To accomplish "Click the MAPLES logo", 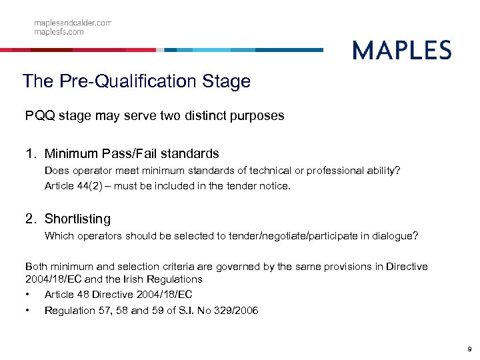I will [401, 50].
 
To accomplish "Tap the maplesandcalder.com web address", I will [73, 23].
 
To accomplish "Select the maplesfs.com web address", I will [59, 31].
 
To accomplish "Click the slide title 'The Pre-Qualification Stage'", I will [136, 81].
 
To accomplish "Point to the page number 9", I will [469, 348].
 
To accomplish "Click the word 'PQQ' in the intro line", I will [38, 116].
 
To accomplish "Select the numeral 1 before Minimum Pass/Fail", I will [29, 155].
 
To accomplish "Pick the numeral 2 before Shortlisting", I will [29, 219].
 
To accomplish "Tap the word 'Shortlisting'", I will [77, 219].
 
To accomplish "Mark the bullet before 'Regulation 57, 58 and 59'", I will [27, 311].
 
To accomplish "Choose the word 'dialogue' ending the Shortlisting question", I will [394, 235].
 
